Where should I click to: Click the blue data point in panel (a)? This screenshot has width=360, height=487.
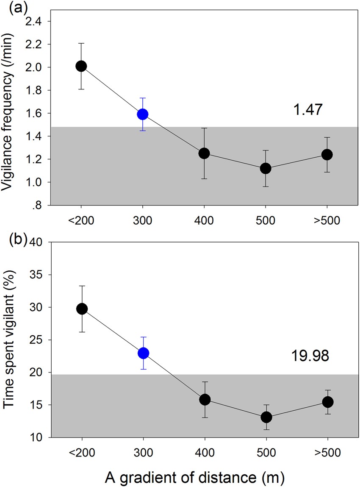tap(143, 114)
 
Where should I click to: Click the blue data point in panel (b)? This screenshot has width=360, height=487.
tap(143, 353)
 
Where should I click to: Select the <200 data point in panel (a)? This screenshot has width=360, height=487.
tap(81, 66)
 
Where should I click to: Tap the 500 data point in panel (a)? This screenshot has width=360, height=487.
tap(266, 168)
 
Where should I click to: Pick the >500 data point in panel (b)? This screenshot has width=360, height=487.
tap(327, 401)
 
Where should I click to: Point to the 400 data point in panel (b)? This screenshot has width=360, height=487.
tap(205, 399)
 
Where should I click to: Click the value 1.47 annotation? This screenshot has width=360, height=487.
tap(308, 110)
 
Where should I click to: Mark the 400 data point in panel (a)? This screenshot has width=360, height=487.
tap(204, 153)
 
